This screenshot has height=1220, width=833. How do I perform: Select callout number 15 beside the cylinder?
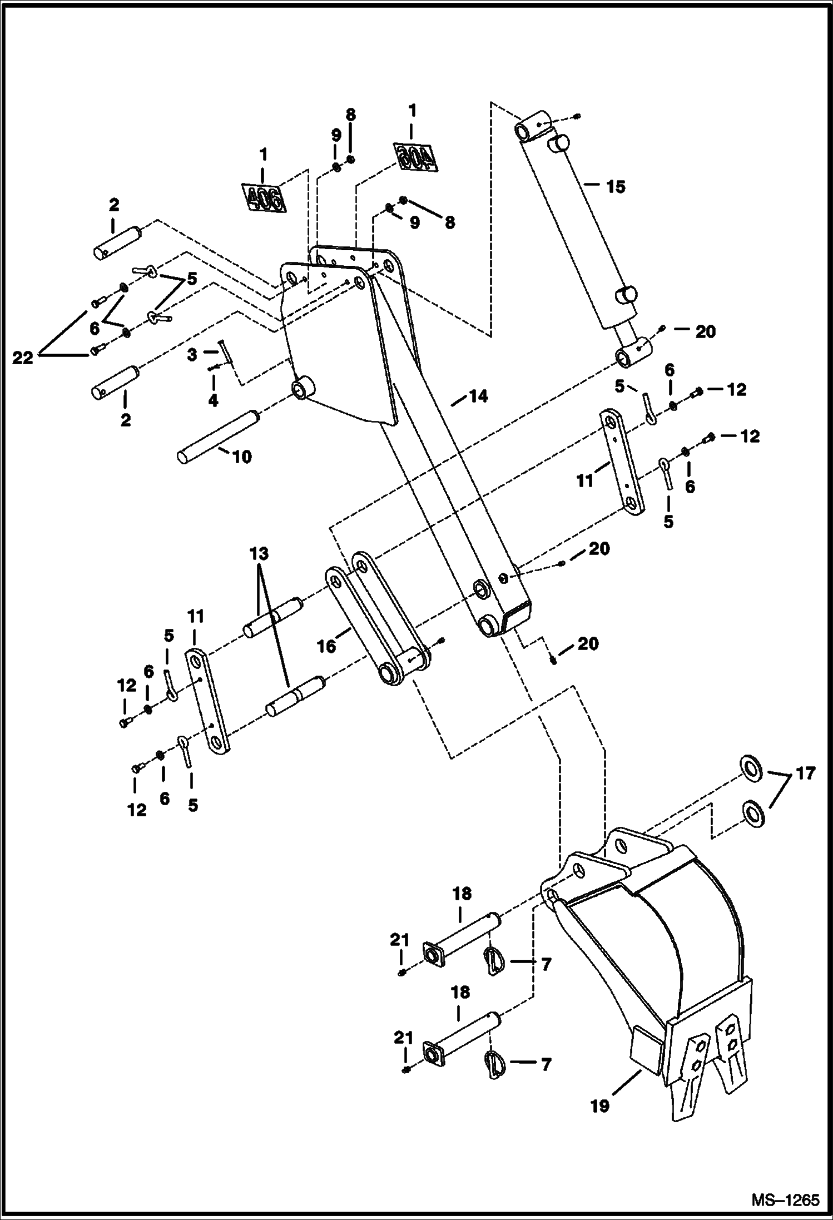pos(616,187)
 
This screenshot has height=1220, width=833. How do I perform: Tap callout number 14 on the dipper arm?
pos(478,396)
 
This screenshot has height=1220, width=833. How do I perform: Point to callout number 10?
pos(241,457)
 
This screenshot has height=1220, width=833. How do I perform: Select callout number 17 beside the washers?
pos(805,773)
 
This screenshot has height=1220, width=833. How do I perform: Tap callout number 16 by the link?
pos(327,646)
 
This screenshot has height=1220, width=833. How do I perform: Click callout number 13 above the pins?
pos(259,554)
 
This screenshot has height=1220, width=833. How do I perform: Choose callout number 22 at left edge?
pos(23,359)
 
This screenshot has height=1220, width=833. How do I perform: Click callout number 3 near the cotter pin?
pos(192,355)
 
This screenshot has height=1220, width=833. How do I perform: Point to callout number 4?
pos(213,400)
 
